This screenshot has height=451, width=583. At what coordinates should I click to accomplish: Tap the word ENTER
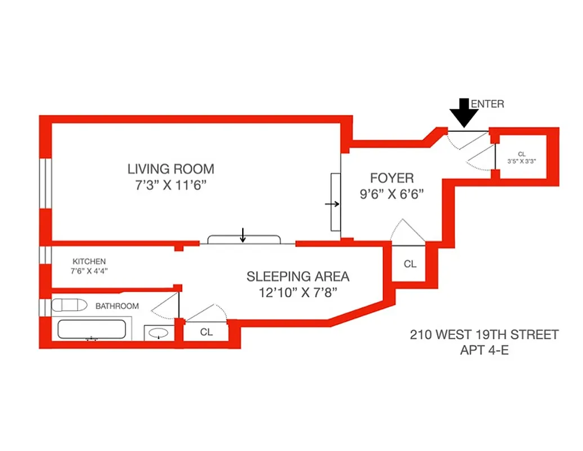click(487, 104)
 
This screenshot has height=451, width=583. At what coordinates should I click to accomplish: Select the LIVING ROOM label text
click(170, 169)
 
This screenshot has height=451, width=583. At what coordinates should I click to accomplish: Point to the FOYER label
click(391, 178)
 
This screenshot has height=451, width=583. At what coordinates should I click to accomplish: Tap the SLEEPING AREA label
click(297, 276)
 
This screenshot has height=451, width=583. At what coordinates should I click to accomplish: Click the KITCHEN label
click(89, 262)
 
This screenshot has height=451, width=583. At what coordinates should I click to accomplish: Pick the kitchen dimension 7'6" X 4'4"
click(89, 271)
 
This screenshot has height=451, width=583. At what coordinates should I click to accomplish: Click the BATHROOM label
click(117, 306)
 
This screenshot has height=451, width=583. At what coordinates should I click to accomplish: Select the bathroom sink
click(159, 333)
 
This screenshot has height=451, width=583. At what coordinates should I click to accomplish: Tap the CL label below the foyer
click(410, 263)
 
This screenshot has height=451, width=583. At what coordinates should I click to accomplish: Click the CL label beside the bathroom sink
click(207, 332)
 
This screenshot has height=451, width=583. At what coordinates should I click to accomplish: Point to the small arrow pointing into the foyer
click(332, 204)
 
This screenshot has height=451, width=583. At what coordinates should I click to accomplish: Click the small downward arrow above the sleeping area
click(243, 234)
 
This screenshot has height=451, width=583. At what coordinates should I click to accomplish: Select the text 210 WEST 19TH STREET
click(484, 335)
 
